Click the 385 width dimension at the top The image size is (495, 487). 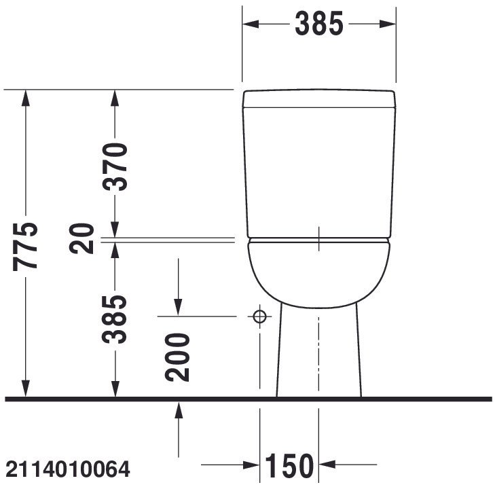[319, 23]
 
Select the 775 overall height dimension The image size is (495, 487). [25, 247]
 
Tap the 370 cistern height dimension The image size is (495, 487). [115, 167]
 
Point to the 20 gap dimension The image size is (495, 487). [81, 239]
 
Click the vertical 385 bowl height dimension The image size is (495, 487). [114, 319]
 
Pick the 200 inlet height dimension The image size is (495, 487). [177, 357]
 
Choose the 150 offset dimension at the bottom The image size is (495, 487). [289, 466]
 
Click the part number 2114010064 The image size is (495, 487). [68, 469]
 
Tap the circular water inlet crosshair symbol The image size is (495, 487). [259, 316]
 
